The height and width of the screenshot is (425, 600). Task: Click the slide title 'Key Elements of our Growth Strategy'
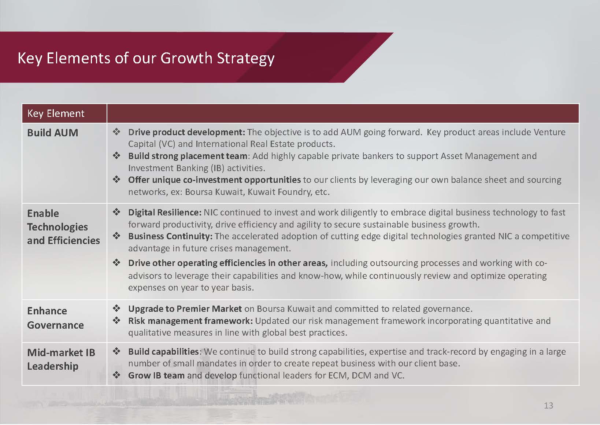(146, 58)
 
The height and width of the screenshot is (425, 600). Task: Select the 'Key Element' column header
(56, 114)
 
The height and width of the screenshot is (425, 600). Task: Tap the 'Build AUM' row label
(52, 133)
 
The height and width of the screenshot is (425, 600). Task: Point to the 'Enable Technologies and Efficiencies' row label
(63, 227)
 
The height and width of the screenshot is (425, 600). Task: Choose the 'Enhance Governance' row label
(55, 318)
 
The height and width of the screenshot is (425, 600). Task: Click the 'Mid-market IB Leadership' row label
(61, 359)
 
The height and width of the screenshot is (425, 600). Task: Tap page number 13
(549, 406)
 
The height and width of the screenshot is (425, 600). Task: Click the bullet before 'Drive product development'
(116, 132)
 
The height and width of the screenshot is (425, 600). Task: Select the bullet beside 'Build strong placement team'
(116, 155)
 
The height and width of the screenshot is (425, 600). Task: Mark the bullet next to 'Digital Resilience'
(116, 212)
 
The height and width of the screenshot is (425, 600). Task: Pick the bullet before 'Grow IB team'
(116, 374)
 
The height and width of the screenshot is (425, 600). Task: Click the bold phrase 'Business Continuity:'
(170, 236)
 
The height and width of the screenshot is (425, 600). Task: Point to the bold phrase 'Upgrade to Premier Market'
(185, 309)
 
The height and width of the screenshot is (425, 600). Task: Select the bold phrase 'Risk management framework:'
(190, 321)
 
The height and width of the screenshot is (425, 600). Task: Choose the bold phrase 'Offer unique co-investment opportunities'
(215, 180)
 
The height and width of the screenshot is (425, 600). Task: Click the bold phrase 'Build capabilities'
(163, 352)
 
